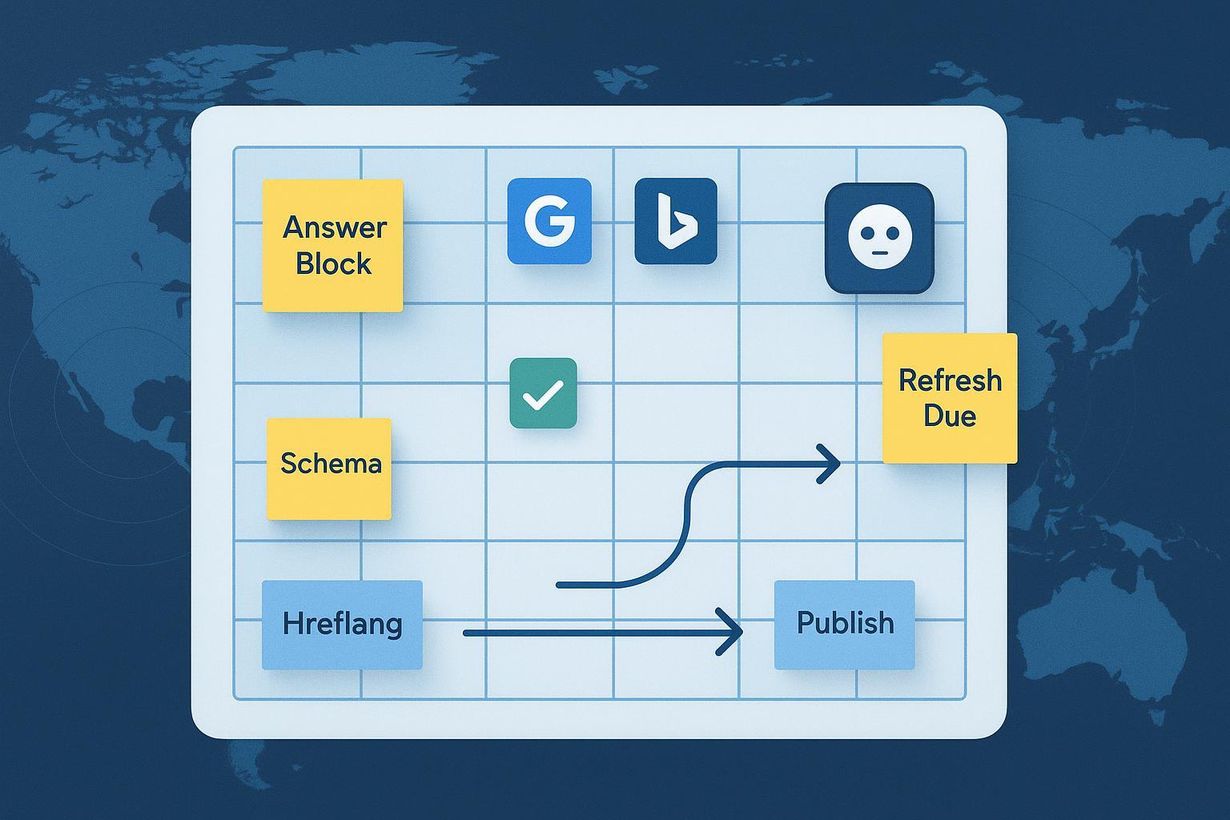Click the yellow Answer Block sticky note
[x=332, y=245]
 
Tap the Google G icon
[x=549, y=221]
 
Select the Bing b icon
[x=675, y=221]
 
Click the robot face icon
[x=879, y=238]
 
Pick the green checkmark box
[x=543, y=393]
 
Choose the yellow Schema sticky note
[x=329, y=468]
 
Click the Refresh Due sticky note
[x=950, y=398]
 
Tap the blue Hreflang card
[x=342, y=625]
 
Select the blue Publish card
[x=844, y=625]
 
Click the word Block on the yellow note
[x=333, y=263]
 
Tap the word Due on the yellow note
[x=950, y=416]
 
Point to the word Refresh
[x=950, y=380]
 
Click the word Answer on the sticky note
[x=335, y=227]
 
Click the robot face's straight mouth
[x=879, y=254]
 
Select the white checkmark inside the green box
[x=543, y=394]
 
